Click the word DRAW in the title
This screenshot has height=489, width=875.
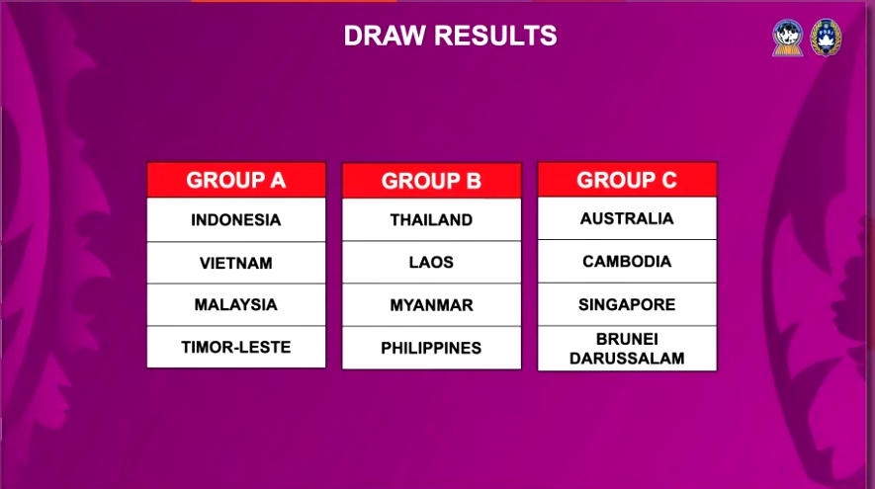pyautogui.click(x=385, y=36)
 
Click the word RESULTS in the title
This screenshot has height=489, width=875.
pyautogui.click(x=495, y=36)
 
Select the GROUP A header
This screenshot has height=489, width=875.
pyautogui.click(x=236, y=180)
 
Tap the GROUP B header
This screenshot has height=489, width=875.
pyautogui.click(x=431, y=181)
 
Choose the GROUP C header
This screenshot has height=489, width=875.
pyautogui.click(x=627, y=180)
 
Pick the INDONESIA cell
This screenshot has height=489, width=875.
pyautogui.click(x=236, y=219)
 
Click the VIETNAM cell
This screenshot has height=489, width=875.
pyautogui.click(x=236, y=263)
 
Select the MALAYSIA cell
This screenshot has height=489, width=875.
pyautogui.click(x=236, y=305)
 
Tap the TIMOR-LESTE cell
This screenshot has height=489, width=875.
pyautogui.click(x=236, y=348)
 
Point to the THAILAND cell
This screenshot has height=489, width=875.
pyautogui.click(x=431, y=219)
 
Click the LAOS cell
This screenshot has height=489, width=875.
pyautogui.click(x=431, y=262)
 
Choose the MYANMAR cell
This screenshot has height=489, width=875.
pyautogui.click(x=431, y=305)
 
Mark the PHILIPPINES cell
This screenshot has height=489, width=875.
pyautogui.click(x=431, y=348)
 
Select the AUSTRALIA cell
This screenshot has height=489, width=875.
pyautogui.click(x=627, y=218)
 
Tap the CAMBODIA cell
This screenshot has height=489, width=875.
pyautogui.click(x=627, y=261)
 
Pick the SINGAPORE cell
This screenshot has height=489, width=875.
pyautogui.click(x=627, y=304)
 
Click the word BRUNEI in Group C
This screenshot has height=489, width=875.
pyautogui.click(x=627, y=339)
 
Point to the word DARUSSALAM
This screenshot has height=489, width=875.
pyautogui.click(x=627, y=358)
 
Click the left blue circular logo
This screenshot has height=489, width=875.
pyautogui.click(x=787, y=38)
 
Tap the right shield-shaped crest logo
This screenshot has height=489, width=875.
pyautogui.click(x=826, y=38)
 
